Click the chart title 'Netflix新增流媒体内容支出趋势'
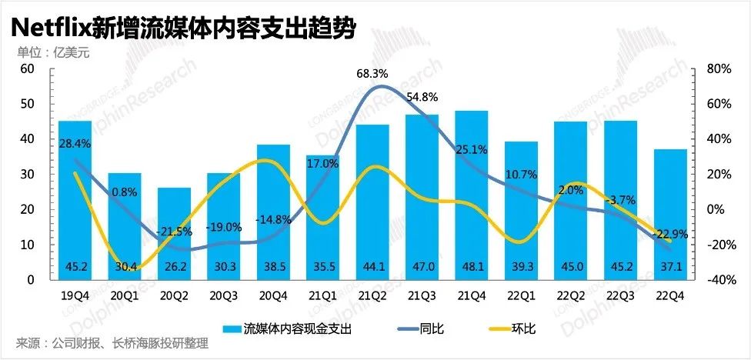182,28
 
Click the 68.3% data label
372,74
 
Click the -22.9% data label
670,235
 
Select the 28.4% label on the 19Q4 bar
75,143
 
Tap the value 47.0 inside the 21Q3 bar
422,268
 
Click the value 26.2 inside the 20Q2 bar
174,268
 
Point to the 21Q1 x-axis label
322,295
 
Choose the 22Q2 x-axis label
571,295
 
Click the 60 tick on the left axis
28,68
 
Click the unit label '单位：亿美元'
48,52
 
